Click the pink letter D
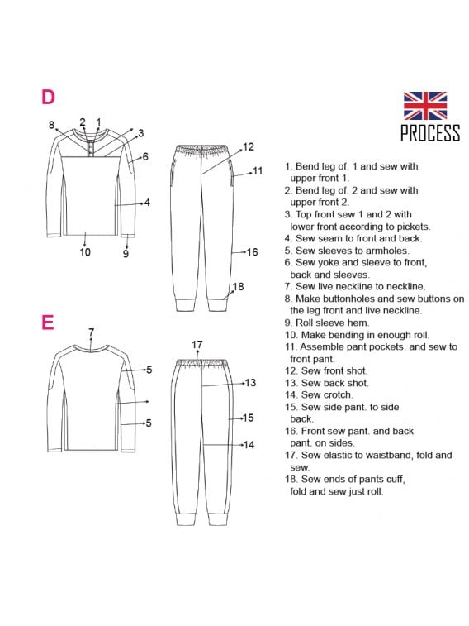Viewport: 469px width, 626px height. click(48, 97)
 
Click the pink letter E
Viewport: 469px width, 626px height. click(47, 323)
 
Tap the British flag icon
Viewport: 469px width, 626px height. click(424, 106)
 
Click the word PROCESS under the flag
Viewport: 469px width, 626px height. click(430, 132)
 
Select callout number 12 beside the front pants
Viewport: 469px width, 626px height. click(248, 147)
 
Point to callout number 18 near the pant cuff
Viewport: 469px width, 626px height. click(238, 287)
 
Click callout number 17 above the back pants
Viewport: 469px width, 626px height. click(197, 344)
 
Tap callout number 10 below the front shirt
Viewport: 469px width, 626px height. click(85, 252)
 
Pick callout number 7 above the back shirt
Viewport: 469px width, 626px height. click(92, 332)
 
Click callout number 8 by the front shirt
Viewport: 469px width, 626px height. click(51, 125)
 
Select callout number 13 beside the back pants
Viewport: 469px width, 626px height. click(250, 383)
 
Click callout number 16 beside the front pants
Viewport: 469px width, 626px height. click(252, 252)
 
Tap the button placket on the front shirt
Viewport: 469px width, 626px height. click(92, 148)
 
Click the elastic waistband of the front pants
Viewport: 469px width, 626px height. click(201, 150)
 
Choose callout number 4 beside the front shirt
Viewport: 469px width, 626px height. click(147, 203)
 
